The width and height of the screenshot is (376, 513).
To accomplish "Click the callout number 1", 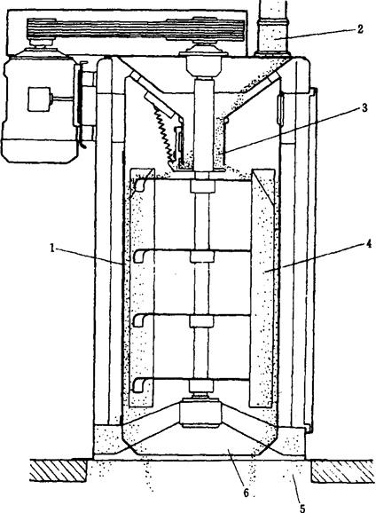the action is [52, 248].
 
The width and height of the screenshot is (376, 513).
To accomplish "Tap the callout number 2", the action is [360, 28].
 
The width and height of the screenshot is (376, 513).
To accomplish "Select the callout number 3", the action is [364, 107].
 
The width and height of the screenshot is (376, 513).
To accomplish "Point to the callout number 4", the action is [369, 243].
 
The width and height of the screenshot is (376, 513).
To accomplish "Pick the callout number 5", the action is [302, 508].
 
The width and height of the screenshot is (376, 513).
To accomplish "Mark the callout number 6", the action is [246, 493].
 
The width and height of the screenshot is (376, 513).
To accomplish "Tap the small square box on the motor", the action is [39, 99].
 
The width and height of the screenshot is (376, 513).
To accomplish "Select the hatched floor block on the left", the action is [59, 470].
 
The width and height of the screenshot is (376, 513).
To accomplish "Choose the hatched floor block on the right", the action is [342, 471].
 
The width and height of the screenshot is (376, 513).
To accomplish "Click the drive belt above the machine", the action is [136, 29].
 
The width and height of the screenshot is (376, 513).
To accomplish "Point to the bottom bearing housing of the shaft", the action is [201, 414].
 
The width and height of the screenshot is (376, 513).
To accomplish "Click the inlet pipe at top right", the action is [272, 28].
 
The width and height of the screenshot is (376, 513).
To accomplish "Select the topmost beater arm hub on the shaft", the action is [202, 186].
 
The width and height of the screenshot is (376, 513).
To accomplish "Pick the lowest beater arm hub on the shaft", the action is [201, 386].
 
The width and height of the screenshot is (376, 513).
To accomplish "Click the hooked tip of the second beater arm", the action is [138, 256].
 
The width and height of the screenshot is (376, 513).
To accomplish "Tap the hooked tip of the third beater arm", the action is [138, 321].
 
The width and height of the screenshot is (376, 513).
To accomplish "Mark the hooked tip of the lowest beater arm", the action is [137, 385].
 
